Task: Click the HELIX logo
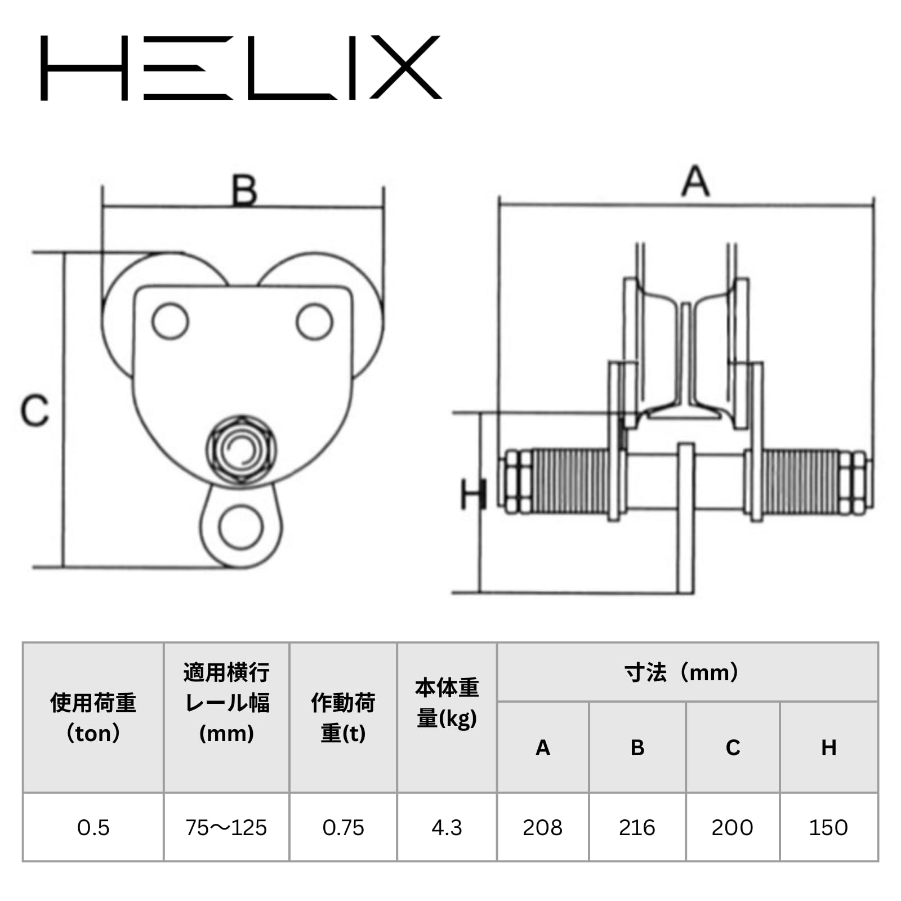[x=241, y=68]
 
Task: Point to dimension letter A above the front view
[x=695, y=181]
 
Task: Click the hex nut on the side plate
[x=241, y=449]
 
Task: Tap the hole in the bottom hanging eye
[x=241, y=528]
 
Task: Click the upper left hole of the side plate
[x=170, y=321]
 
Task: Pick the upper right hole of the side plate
[x=315, y=322]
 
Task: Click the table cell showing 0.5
[x=93, y=827]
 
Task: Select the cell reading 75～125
[x=226, y=827]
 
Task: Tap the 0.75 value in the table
[x=343, y=827]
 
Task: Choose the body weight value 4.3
[x=447, y=827]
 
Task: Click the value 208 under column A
[x=543, y=827]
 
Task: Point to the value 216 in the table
[x=637, y=827]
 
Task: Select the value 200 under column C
[x=733, y=827]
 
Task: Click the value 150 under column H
[x=828, y=827]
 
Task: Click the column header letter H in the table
[x=828, y=747]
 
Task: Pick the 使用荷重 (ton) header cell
[x=93, y=718]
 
